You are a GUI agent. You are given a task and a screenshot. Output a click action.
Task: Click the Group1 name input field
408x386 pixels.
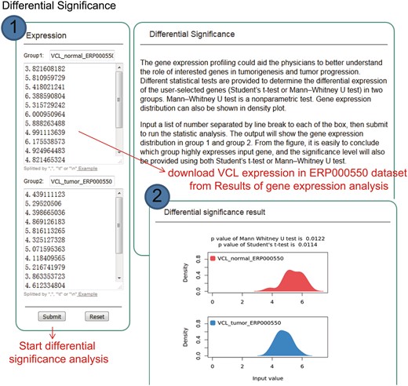pos(82,57)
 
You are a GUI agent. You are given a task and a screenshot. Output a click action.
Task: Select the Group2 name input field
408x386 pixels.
pos(82,180)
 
